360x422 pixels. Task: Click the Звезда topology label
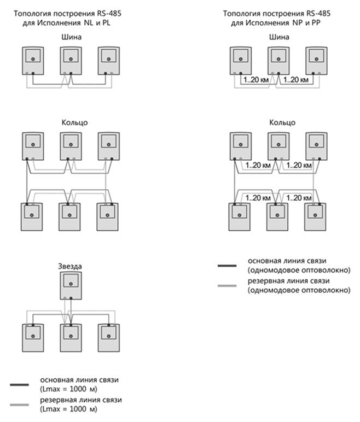click(70, 266)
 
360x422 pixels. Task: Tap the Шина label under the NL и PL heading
click(72, 37)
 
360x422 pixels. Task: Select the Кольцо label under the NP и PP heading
click(282, 123)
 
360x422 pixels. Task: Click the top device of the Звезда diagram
click(71, 285)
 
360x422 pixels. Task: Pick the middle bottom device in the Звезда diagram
click(71, 338)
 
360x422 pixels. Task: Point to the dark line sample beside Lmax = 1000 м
click(19, 385)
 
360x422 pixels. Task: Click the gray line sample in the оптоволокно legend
click(227, 285)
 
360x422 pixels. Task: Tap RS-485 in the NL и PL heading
click(109, 14)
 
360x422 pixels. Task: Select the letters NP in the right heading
click(298, 23)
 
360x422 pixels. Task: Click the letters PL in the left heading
click(106, 23)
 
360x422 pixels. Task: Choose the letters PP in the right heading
click(316, 23)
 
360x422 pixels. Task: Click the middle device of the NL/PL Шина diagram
click(71, 61)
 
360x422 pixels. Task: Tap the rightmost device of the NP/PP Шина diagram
click(316, 61)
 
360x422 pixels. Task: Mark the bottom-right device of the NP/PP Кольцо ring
click(315, 217)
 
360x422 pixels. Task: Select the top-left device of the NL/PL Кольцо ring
click(33, 146)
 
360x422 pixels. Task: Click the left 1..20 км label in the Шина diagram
click(256, 80)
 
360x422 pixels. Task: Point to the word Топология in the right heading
click(241, 14)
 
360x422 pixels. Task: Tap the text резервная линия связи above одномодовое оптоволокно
click(288, 281)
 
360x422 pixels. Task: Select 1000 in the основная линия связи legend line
click(78, 389)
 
